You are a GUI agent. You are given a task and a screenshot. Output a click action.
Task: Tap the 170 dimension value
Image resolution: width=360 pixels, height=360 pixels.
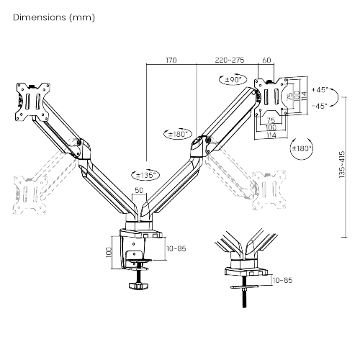tap(171, 60)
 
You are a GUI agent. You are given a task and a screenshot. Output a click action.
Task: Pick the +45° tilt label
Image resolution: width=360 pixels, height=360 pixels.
tap(320, 90)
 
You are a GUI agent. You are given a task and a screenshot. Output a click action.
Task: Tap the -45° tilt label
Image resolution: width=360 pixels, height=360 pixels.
tap(320, 105)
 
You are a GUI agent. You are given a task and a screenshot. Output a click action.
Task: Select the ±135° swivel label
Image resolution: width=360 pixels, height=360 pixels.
tap(147, 174)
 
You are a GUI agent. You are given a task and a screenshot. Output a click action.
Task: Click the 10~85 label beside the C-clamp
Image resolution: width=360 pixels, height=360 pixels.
tap(176, 248)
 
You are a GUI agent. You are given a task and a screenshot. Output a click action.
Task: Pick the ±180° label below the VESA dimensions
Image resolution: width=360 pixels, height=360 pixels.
tap(302, 148)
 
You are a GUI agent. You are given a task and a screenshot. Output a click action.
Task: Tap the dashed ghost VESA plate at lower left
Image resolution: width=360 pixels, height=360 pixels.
tap(26, 192)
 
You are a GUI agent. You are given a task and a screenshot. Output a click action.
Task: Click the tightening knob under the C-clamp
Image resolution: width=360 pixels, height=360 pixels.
tap(139, 287)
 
